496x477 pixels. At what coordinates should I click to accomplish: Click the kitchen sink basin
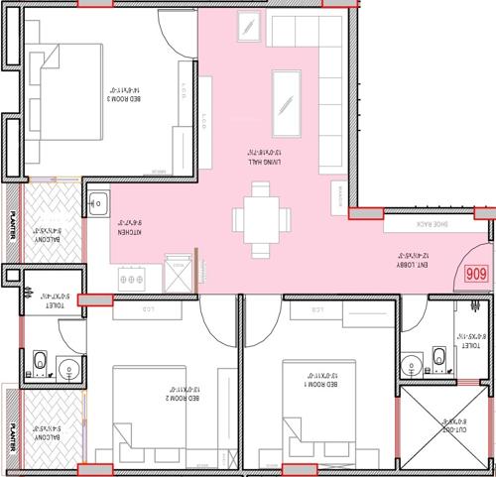point(97,206)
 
